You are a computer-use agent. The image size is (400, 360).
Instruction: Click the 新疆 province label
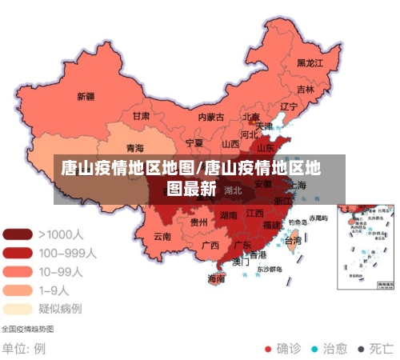86,97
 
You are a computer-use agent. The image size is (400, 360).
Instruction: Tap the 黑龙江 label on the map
310,62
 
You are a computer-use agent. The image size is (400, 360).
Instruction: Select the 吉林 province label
306,89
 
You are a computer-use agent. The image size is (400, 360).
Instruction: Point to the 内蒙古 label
211,117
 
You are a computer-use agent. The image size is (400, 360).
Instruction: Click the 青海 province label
135,149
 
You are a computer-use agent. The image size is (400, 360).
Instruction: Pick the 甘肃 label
141,116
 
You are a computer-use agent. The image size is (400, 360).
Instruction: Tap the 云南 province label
162,236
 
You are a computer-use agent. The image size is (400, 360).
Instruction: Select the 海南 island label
216,278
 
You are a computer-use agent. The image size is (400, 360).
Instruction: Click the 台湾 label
294,240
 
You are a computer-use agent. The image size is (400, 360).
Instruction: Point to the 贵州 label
199,222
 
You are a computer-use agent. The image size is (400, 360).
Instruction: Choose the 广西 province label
210,245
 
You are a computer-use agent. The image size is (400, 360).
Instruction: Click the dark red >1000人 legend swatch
18,234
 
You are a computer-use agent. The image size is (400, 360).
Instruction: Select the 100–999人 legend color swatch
18,253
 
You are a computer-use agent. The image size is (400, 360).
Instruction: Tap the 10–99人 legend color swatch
18,271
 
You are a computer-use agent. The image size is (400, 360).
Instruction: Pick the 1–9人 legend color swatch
18,290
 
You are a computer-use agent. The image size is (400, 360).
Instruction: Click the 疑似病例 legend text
60,308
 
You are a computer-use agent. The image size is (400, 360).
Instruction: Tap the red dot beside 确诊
268,349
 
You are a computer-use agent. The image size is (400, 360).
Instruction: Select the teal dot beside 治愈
314,349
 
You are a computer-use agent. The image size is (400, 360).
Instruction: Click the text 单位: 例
23,349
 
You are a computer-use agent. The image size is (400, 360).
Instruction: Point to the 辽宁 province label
289,106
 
